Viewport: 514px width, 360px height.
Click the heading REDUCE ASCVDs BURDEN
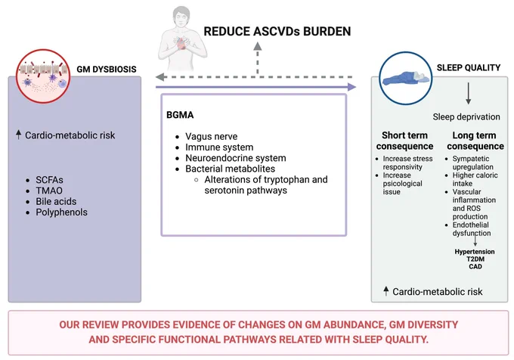pos(277,32)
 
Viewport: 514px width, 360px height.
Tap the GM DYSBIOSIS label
pos(107,69)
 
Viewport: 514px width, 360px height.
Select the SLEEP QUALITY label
pos(469,67)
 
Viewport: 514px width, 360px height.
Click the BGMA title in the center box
pos(180,115)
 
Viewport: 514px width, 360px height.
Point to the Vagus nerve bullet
pos(212,136)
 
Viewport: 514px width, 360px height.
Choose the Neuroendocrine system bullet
pos(236,158)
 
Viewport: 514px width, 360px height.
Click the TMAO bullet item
pos(49,191)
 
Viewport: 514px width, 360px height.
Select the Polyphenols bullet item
pos(62,212)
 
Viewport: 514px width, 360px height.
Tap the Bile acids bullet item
pos(56,201)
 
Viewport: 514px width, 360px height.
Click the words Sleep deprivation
pos(466,116)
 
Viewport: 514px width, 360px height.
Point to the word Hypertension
pos(475,252)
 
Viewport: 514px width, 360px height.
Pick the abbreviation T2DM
pos(475,259)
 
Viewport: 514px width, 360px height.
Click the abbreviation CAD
pos(475,266)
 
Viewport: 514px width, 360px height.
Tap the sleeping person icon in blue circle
pos(406,79)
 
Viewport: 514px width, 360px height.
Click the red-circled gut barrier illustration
pos(43,76)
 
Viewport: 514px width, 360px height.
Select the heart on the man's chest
pos(181,43)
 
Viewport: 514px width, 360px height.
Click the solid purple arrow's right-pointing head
pos(351,87)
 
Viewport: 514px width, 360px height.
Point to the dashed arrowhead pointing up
pos(258,46)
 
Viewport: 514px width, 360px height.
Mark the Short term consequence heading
pos(405,141)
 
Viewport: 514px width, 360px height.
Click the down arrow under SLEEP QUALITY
pos(469,94)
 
